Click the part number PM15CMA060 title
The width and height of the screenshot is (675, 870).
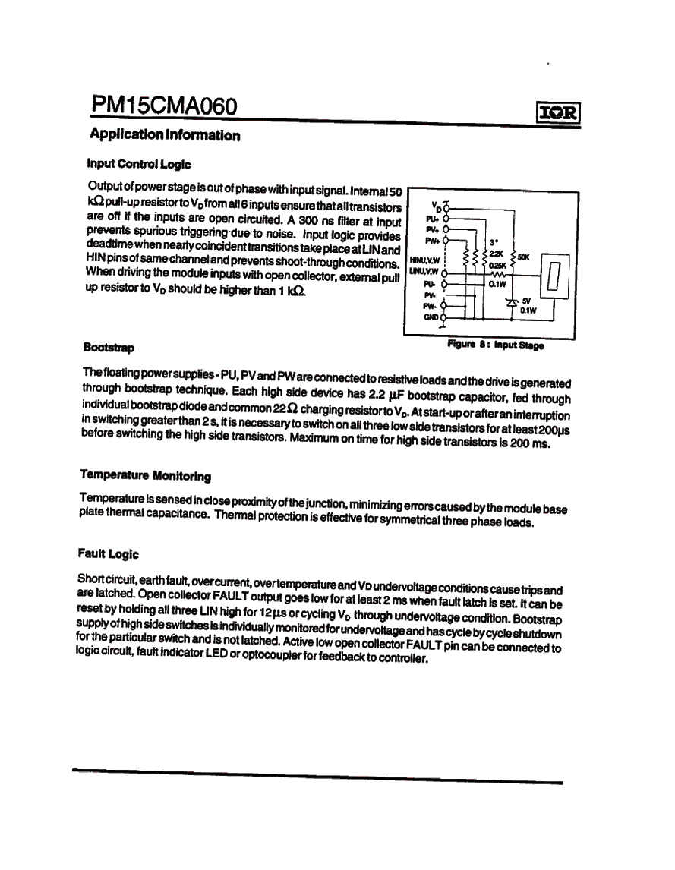(164, 107)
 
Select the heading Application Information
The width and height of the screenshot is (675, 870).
(165, 136)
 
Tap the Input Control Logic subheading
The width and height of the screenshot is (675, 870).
(139, 164)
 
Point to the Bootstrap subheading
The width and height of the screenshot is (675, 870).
(109, 348)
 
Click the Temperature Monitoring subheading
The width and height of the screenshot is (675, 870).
(145, 476)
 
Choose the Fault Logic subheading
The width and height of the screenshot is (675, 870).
(109, 554)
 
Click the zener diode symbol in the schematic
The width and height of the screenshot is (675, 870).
(510, 301)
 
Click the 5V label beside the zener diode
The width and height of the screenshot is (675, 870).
(525, 300)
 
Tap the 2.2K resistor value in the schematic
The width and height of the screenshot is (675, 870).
(497, 254)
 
